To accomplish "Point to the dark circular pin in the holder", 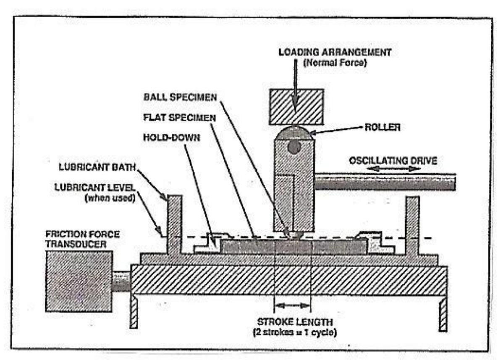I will pyautogui.click(x=294, y=147).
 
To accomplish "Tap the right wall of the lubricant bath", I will pyautogui.click(x=412, y=225).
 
